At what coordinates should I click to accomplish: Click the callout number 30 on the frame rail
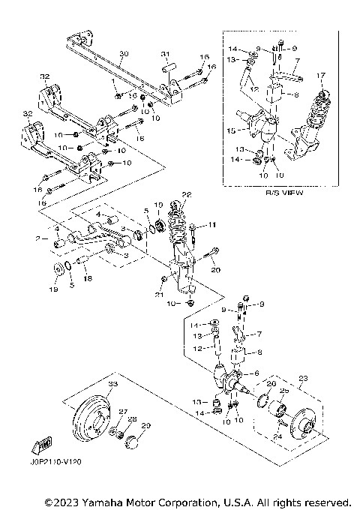click(x=124, y=55)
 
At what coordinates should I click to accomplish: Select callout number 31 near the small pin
click(x=166, y=54)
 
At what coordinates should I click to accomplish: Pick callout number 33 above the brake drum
click(x=112, y=384)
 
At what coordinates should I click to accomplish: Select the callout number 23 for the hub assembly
click(x=304, y=377)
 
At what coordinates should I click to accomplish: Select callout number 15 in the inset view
click(x=239, y=129)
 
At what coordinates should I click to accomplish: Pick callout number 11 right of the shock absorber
click(x=212, y=224)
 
